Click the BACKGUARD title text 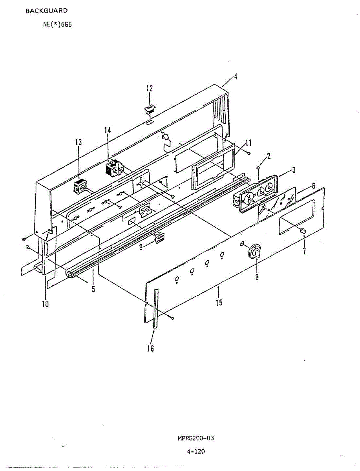pyautogui.click(x=46, y=11)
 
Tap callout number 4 pyautogui.click(x=235, y=77)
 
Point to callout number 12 pyautogui.click(x=150, y=88)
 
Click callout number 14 pyautogui.click(x=108, y=130)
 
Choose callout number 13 pyautogui.click(x=79, y=142)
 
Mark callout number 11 pyautogui.click(x=248, y=142)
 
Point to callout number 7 pyautogui.click(x=304, y=251)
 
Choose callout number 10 pyautogui.click(x=45, y=303)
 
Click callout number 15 pyautogui.click(x=219, y=303)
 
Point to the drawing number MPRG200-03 pyautogui.click(x=195, y=438)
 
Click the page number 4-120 pyautogui.click(x=196, y=451)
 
